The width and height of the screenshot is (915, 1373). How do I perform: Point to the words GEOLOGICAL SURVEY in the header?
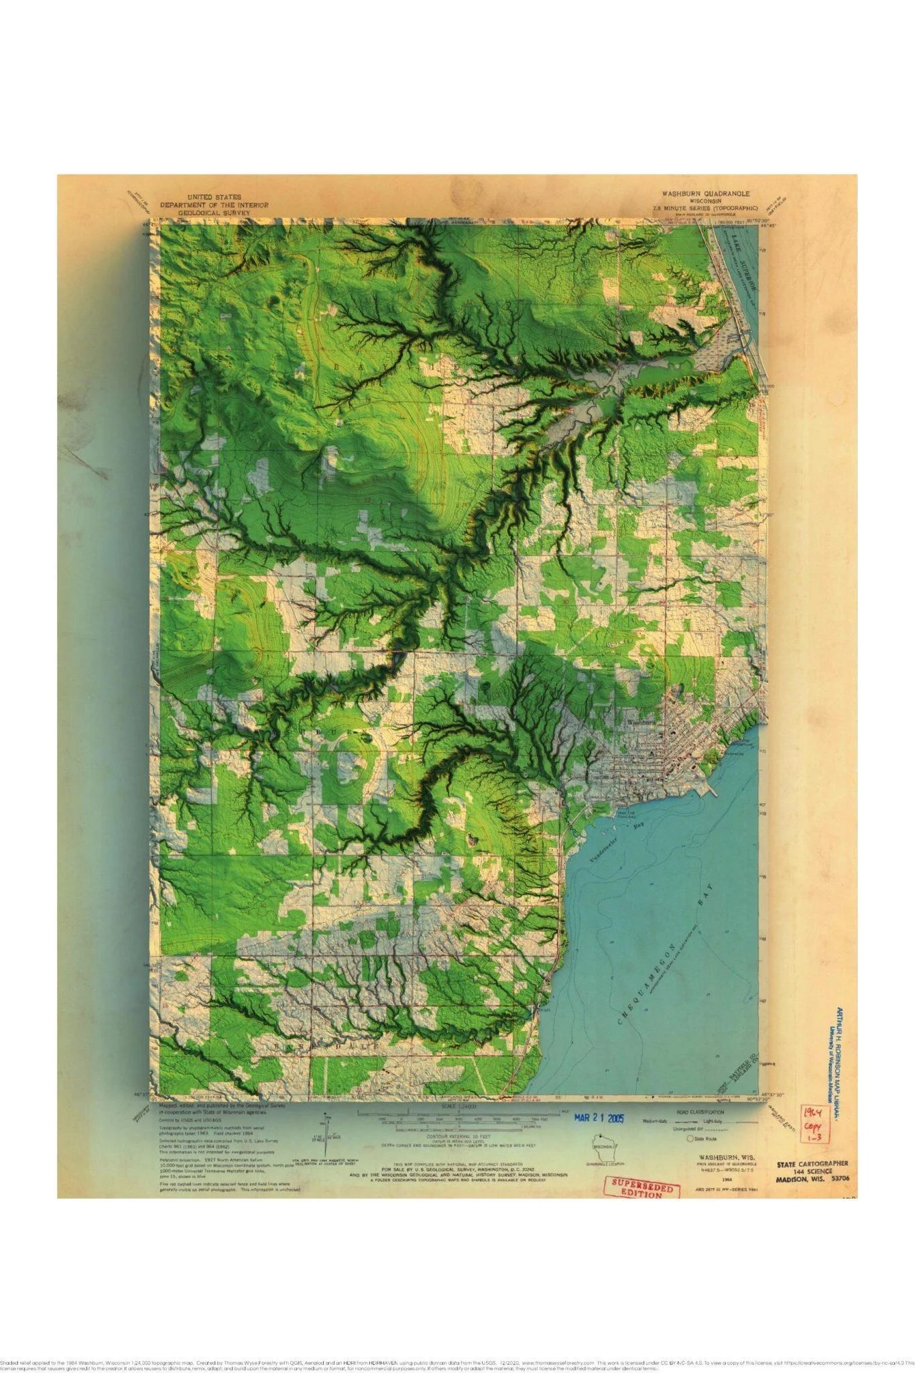pyautogui.click(x=213, y=213)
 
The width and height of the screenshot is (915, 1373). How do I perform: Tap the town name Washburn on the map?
pyautogui.click(x=642, y=724)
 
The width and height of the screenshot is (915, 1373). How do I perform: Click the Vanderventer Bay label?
pyautogui.click(x=609, y=845)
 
